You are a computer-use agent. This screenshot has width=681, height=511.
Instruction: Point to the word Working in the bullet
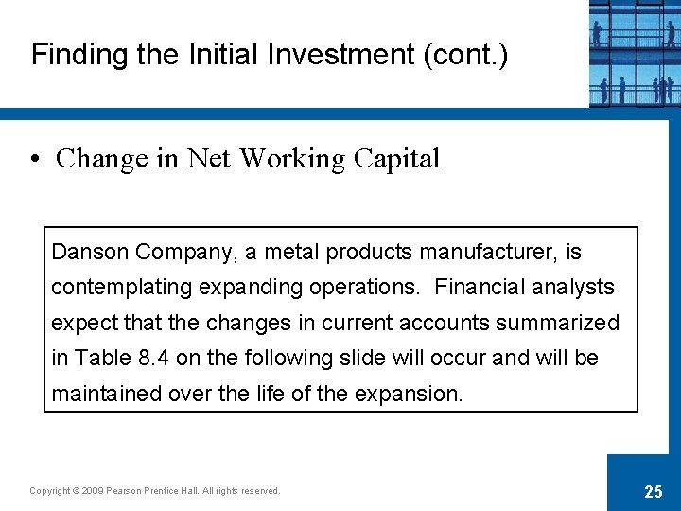coord(292,159)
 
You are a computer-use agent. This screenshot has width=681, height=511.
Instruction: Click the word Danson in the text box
coord(90,253)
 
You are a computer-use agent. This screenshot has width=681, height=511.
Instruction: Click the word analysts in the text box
coord(573,288)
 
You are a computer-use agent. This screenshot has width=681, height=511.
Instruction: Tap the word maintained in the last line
coord(106,394)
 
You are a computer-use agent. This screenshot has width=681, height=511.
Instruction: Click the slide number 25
coord(653,490)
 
